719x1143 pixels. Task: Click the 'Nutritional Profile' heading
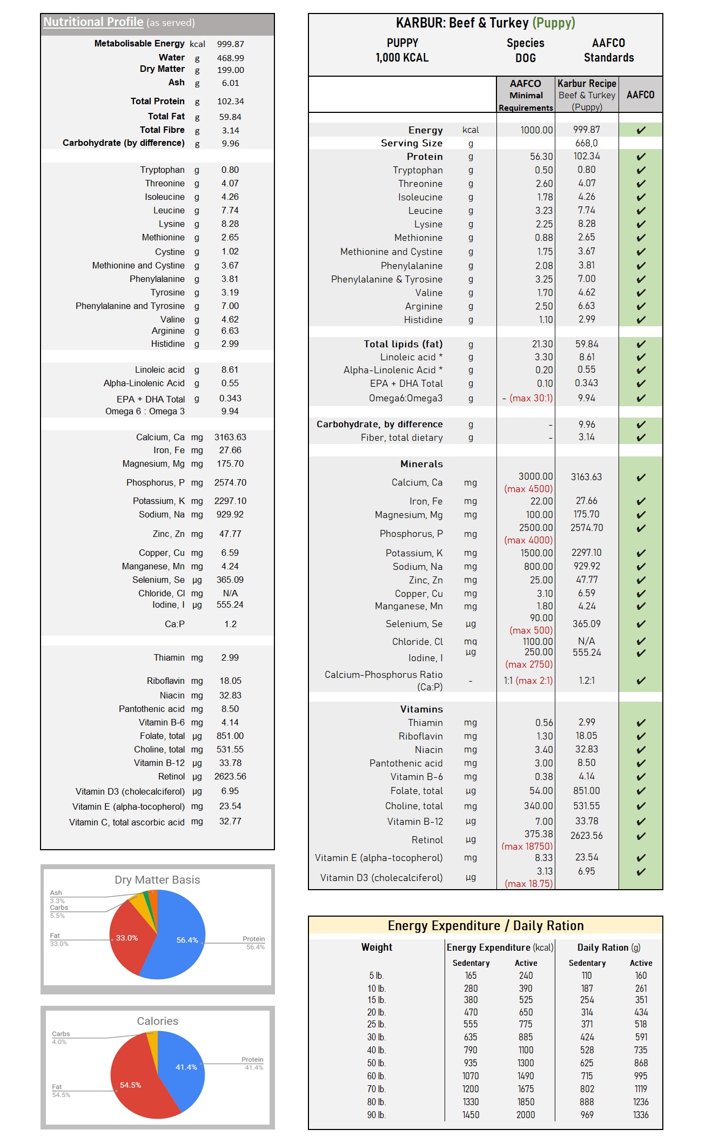(93, 22)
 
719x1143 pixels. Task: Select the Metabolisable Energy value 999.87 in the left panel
(230, 44)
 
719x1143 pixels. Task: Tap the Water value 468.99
(230, 58)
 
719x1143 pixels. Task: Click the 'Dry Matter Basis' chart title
(157, 880)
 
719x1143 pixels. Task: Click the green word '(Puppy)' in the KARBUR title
(554, 23)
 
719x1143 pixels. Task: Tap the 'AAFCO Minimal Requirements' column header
(526, 95)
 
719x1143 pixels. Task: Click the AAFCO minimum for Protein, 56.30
(541, 157)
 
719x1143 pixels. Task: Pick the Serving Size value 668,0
(586, 143)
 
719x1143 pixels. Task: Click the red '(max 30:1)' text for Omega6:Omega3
(531, 398)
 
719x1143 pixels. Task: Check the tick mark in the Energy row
(641, 130)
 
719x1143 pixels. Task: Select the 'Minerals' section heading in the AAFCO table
(421, 464)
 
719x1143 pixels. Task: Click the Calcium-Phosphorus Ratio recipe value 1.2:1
(586, 681)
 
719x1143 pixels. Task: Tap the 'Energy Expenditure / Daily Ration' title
(485, 926)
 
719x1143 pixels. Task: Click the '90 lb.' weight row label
(376, 1115)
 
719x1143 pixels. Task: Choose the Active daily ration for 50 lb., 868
(641, 1063)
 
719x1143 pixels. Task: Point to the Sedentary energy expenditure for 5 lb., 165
(471, 976)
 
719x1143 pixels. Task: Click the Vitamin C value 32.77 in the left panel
(230, 822)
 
